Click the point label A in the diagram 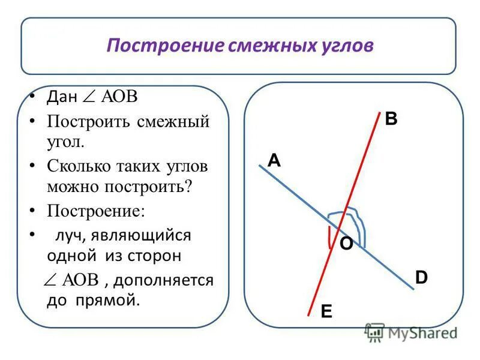274,160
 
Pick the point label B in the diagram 391,119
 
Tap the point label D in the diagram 422,277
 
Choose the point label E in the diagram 326,311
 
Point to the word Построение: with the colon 96,212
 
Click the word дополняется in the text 170,280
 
